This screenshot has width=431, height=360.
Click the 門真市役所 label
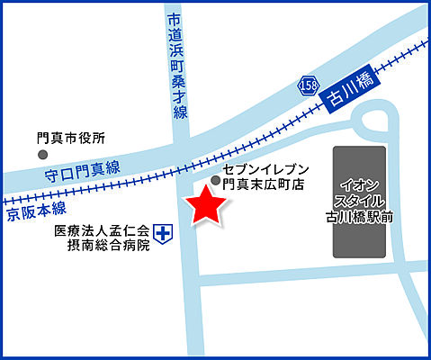click(71, 139)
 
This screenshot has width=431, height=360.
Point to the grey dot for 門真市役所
click(42, 155)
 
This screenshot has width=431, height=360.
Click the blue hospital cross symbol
click(163, 235)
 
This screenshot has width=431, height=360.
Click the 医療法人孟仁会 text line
click(101, 230)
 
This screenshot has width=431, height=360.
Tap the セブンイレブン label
click(265, 169)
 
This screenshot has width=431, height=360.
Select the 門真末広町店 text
click(265, 184)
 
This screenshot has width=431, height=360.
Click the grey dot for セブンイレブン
click(215, 180)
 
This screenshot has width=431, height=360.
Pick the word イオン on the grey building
click(360, 183)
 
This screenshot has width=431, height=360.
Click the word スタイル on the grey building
click(360, 200)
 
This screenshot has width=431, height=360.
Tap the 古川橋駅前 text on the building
click(360, 217)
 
